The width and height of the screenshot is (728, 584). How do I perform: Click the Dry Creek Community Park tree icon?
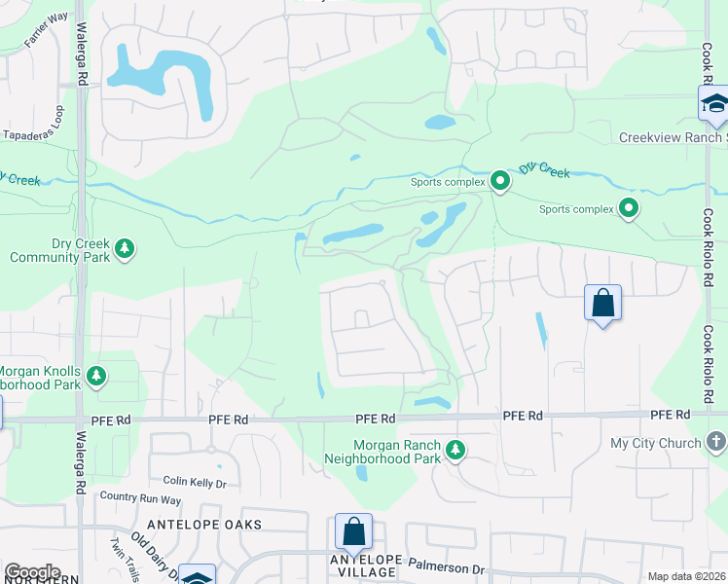124,249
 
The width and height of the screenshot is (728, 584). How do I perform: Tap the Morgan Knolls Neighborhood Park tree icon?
95,375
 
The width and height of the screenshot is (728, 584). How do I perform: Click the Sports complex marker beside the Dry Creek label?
500,181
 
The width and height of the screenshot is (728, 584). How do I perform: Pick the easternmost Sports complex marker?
629,207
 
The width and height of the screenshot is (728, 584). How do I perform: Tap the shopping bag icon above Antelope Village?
353,531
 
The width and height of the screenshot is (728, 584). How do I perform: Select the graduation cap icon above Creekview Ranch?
713,104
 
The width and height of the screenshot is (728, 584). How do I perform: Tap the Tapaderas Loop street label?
34,135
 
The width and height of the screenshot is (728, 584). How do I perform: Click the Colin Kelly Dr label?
195,481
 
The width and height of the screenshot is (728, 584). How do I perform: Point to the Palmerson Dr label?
452,567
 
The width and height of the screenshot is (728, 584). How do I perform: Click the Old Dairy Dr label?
156,553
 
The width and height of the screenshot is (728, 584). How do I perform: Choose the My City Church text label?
655,443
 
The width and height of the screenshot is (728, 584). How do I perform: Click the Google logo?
32,572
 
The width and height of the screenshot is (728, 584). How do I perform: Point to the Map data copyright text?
686,576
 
